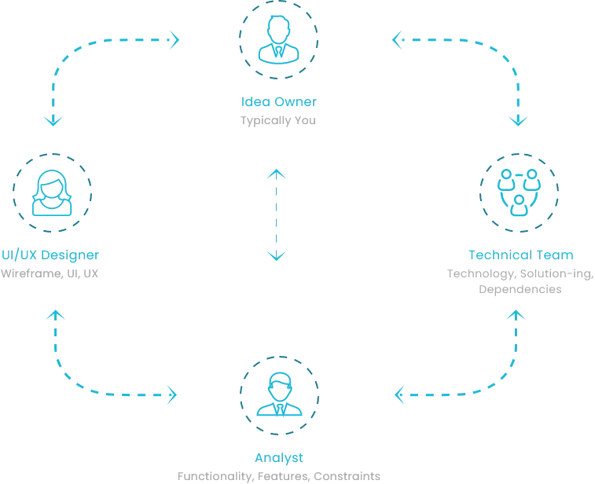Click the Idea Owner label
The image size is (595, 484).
point(280,101)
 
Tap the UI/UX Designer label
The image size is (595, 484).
point(50,255)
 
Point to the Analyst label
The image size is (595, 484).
point(279,457)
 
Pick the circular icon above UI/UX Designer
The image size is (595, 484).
point(53,192)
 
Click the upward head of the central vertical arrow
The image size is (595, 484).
point(275,170)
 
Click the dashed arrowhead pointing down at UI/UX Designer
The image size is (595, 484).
point(55,121)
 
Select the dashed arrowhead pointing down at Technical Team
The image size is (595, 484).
point(518,121)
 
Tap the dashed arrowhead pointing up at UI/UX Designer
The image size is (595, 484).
point(55,315)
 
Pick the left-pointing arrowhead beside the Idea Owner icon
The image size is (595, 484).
point(397,36)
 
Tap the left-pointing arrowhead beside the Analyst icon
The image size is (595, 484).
point(401,394)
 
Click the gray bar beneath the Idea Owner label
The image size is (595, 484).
point(280,119)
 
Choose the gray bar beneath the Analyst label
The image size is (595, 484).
point(279,477)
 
